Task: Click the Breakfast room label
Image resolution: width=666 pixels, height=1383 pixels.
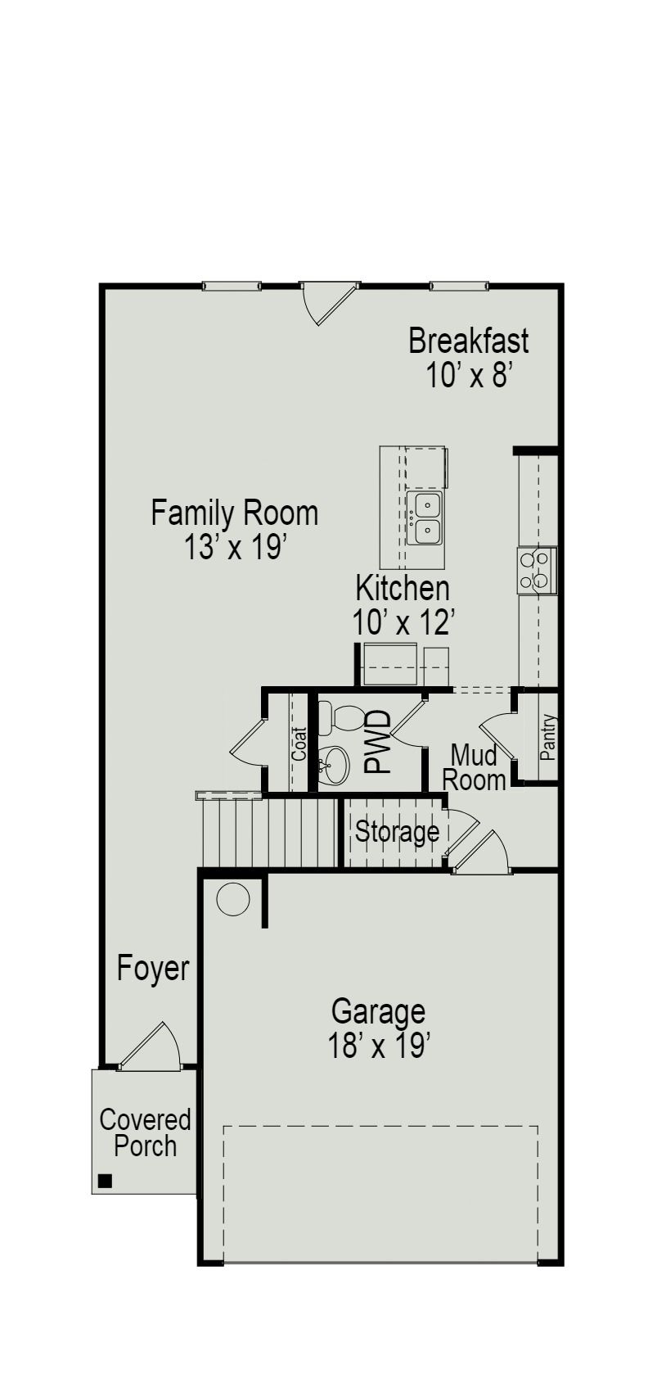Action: (x=468, y=340)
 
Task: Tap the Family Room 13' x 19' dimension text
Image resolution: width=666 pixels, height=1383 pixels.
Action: (x=234, y=547)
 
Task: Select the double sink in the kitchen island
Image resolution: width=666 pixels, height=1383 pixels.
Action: (x=424, y=518)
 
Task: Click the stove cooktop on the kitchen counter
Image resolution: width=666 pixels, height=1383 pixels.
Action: (x=537, y=570)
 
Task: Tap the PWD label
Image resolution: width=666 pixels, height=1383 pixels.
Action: (x=377, y=742)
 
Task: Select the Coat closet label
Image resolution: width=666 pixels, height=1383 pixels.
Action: (x=299, y=743)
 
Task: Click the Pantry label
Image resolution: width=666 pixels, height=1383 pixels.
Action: (x=548, y=737)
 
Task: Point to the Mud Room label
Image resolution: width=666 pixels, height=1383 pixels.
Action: (x=475, y=767)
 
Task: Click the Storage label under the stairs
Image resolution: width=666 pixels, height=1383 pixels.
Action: (x=397, y=832)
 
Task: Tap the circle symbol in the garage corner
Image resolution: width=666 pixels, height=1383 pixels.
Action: (x=232, y=900)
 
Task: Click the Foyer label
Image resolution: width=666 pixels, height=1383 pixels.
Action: (x=153, y=968)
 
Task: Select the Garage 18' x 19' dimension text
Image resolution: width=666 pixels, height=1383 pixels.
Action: (x=379, y=1046)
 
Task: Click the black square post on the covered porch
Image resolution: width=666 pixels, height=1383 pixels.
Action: (x=105, y=1180)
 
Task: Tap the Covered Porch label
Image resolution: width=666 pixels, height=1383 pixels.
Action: (x=145, y=1132)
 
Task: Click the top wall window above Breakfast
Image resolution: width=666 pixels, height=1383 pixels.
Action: (x=459, y=286)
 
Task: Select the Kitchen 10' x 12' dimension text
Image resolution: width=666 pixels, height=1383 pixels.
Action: (x=403, y=623)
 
